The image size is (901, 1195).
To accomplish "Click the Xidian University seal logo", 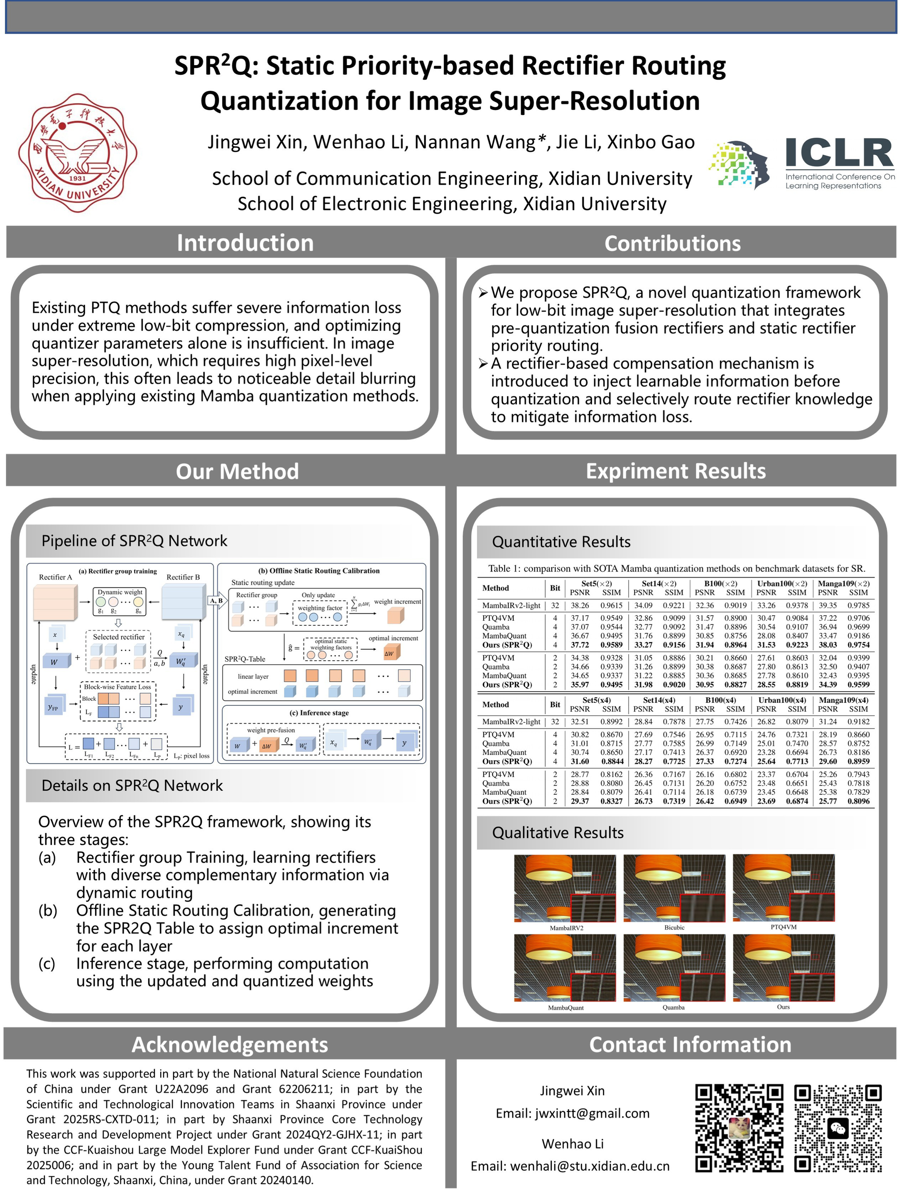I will coord(77,152).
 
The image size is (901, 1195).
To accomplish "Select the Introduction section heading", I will coord(245,243).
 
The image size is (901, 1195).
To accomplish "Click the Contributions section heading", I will coord(672,244).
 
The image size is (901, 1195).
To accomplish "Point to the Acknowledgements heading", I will coord(230,1044).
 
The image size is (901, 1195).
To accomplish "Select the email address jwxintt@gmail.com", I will coord(573,1113).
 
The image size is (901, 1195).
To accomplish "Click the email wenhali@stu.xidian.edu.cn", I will coord(570,1166).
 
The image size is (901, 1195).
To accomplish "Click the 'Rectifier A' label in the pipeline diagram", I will coord(55,577).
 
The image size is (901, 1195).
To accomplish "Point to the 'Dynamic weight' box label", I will coord(120,592).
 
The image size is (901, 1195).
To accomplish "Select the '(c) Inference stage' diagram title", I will coord(319,712).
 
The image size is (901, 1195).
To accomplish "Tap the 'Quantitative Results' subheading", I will coord(561,542).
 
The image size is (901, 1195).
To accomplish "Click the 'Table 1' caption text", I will coord(676,568).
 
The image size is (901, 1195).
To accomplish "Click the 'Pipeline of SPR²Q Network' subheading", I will coord(134,541).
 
